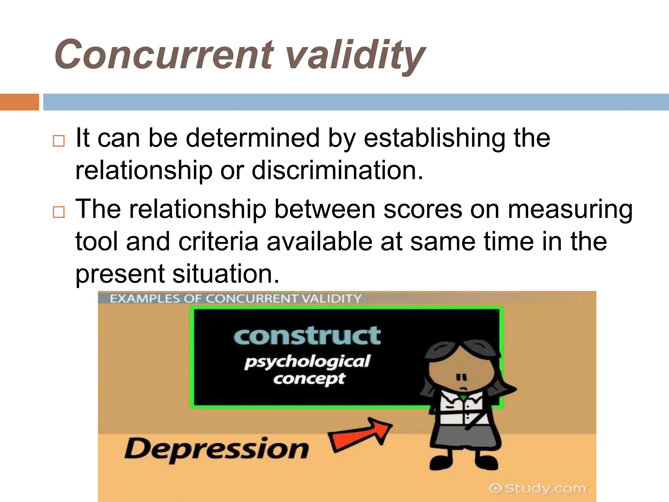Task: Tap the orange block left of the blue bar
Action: [19, 102]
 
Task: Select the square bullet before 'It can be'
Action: [59, 141]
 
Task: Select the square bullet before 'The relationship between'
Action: [59, 212]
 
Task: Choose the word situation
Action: [226, 274]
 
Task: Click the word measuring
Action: [570, 210]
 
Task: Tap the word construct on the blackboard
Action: [307, 336]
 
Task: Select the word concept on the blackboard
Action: [309, 379]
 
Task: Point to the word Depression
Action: [216, 449]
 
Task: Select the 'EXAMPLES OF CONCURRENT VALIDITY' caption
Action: [236, 298]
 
